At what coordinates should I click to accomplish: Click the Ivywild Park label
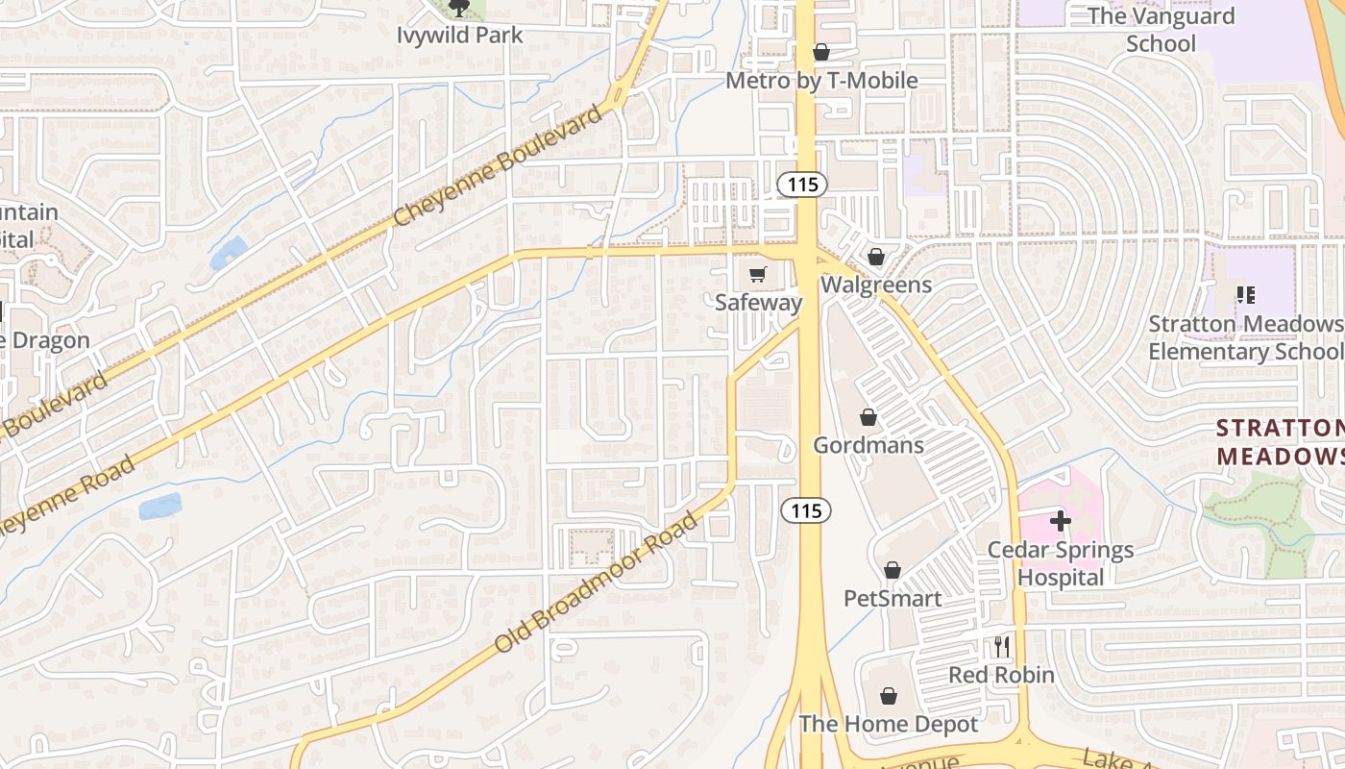[460, 36]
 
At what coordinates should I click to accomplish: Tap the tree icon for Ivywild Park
[459, 9]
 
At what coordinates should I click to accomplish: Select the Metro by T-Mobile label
[821, 81]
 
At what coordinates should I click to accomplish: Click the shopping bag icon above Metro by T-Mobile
[821, 52]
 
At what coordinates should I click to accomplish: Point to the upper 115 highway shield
[802, 184]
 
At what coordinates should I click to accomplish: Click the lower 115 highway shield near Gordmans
[806, 510]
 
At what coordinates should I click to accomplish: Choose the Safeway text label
[758, 303]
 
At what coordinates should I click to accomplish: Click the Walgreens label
[875, 285]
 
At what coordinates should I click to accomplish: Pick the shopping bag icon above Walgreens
[875, 258]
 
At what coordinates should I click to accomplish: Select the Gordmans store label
[868, 445]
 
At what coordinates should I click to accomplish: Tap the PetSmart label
[893, 599]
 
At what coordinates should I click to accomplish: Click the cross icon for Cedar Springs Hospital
[1061, 522]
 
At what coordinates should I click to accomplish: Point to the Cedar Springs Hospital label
[1061, 564]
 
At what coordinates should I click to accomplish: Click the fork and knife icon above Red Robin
[1002, 647]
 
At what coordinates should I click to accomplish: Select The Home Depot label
[889, 724]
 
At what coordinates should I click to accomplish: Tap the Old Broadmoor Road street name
[597, 583]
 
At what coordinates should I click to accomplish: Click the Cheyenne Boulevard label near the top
[499, 166]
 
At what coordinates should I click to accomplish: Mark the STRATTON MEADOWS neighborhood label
[1280, 442]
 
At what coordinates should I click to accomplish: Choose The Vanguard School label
[1161, 30]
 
